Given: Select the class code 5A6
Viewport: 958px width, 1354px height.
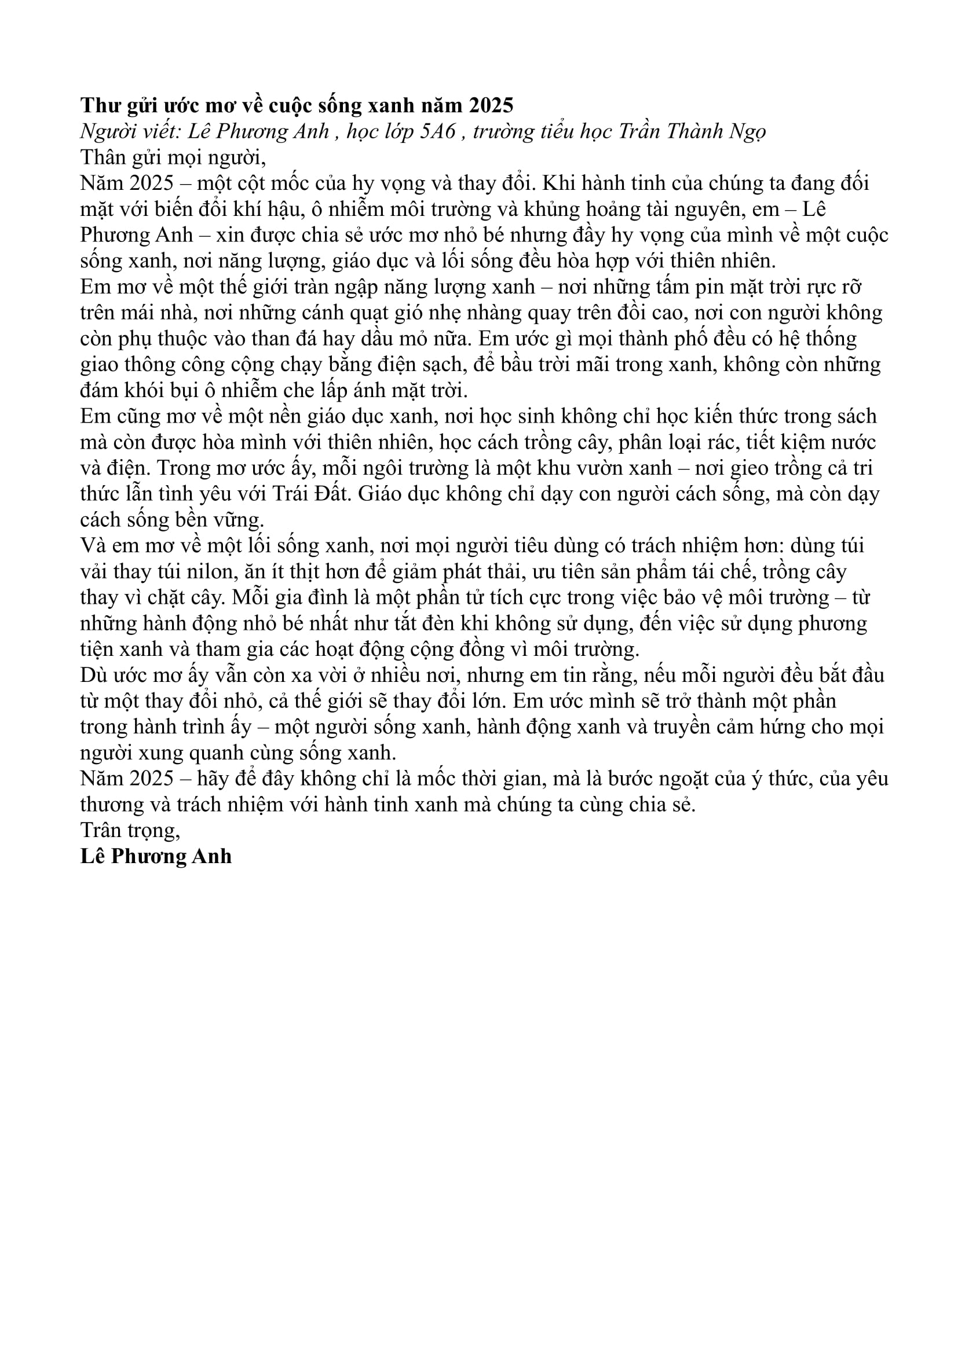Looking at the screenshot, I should (438, 131).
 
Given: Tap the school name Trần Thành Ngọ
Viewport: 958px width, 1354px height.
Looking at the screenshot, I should (692, 131).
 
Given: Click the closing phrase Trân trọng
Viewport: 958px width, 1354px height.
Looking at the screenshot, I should (130, 830).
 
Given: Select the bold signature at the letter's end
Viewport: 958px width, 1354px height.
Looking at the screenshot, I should (156, 856).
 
